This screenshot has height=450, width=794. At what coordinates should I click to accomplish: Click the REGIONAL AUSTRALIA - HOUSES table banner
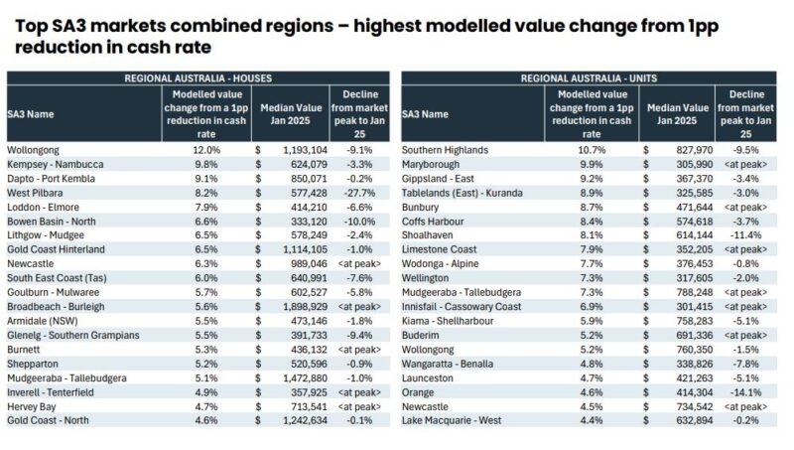click(198, 77)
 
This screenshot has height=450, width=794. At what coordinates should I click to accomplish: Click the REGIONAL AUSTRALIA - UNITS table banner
click(594, 77)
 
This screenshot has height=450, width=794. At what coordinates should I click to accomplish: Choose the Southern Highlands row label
click(445, 150)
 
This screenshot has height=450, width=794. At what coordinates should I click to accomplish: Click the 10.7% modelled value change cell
click(594, 150)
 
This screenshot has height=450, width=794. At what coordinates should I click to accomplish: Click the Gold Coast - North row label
click(50, 421)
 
